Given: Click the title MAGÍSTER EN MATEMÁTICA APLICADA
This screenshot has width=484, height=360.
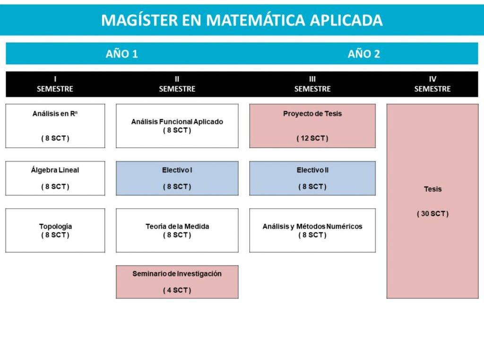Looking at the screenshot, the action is pos(242,20).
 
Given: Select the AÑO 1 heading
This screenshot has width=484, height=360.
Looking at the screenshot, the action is pos(121,54).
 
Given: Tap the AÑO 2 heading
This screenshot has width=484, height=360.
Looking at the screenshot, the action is pos(363,54).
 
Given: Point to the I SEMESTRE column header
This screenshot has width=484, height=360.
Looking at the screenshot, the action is pos(55,84).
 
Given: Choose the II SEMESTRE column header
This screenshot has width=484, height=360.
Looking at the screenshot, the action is pos(177,84).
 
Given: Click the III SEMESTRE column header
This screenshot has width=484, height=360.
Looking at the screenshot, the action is pos(312,84).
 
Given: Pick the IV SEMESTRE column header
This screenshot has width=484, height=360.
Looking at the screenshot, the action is pos(432,84).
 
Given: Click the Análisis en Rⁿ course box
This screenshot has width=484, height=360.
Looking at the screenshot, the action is pos(55,126).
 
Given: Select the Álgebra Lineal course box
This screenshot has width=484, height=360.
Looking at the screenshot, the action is pos(55,178).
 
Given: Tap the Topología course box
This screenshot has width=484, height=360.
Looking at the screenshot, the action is pos(55,230).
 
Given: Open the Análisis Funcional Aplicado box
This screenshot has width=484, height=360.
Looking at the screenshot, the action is pos(177,126).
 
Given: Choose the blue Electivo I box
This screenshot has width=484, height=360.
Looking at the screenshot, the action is pos(177,178).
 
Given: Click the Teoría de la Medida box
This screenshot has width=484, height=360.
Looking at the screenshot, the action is pos(177,230).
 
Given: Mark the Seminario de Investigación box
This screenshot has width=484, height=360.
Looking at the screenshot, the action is pos(177,282).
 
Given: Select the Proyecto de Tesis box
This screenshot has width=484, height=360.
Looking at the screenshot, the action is pos(312,126).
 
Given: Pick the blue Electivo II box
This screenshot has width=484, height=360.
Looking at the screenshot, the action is pos(312,178).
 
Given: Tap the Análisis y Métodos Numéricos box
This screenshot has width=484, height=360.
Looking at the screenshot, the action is pos(312,230).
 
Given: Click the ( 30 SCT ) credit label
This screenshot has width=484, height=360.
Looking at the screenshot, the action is pos(432,213).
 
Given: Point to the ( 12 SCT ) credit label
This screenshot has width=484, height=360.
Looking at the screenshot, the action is pos(312,138).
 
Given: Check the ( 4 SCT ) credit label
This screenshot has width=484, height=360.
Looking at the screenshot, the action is pos(177,290).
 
